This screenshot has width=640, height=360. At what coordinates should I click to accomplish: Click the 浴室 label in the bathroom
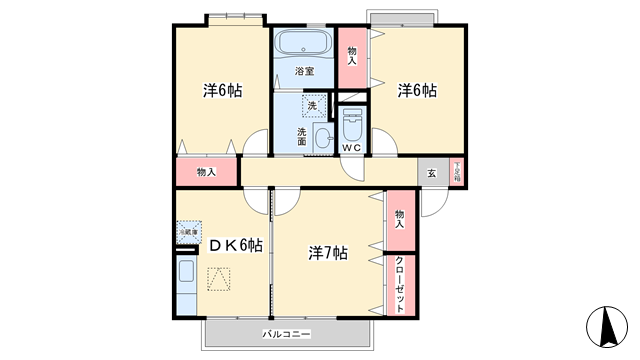coord(304,72)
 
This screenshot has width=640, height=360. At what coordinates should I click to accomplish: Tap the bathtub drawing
coord(304,45)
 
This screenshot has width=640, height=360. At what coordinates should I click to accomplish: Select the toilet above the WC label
coord(351,126)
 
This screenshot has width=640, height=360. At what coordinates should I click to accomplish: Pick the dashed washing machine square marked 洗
coord(312,105)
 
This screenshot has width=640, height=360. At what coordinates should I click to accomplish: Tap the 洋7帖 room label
coord(327,252)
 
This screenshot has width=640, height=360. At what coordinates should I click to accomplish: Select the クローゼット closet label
coord(401,284)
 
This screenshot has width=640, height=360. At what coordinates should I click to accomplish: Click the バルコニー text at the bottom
coord(288,332)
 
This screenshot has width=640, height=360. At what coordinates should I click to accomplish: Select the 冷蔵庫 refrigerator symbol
coord(189,231)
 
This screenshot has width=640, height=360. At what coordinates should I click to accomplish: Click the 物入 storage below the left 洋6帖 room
coord(207,172)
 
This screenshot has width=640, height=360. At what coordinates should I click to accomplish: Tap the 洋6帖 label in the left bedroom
coord(222,90)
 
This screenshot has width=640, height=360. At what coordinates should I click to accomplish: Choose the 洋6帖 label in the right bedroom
coord(416,90)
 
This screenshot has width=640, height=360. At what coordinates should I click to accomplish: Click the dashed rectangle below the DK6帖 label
coord(219,280)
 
